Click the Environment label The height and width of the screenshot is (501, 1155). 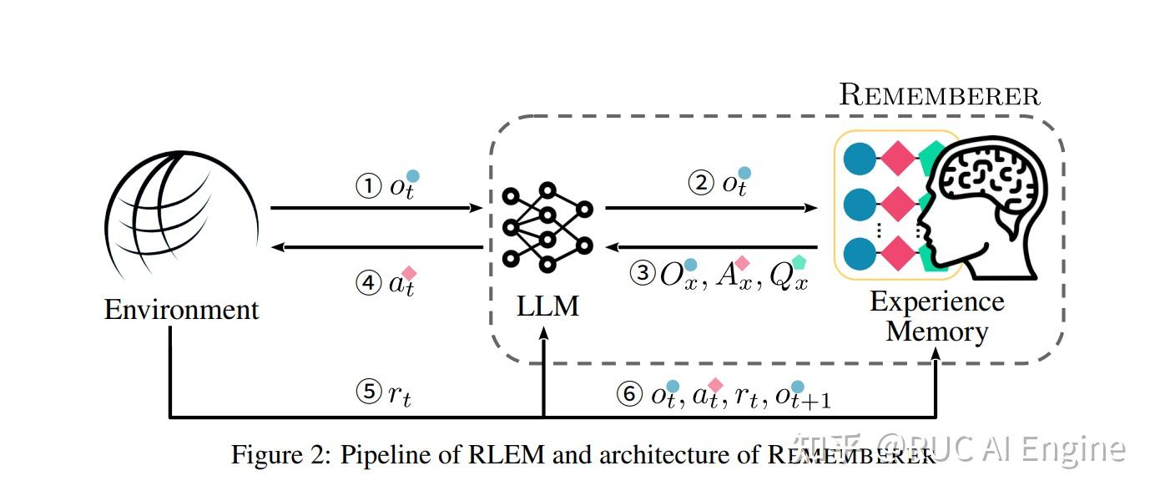(181, 310)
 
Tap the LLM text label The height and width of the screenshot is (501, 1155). (547, 306)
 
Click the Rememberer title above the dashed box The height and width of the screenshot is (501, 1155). (939, 95)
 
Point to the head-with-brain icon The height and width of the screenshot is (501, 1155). (985, 209)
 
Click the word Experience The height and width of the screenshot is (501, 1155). (936, 301)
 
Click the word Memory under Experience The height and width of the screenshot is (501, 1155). (936, 331)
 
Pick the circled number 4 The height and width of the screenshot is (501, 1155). (368, 282)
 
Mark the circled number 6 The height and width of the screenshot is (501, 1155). (629, 394)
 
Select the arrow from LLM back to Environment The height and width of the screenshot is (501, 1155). (376, 246)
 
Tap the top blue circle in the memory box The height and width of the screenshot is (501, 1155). (860, 159)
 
